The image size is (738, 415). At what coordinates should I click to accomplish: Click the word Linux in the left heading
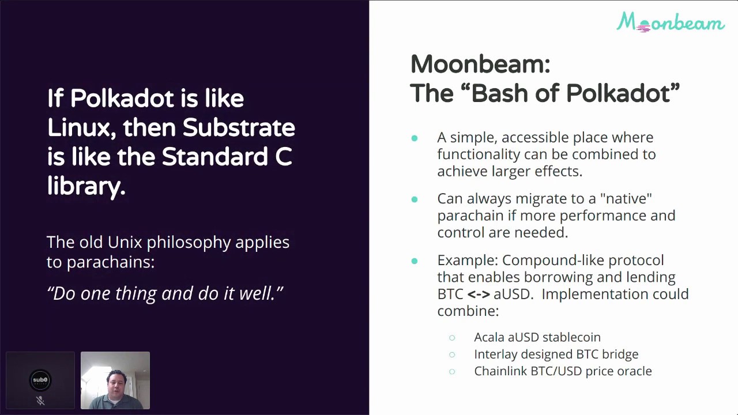tap(78, 127)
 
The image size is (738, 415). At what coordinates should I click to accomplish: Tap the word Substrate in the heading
tap(239, 127)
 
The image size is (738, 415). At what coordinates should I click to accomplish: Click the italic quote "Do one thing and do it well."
tap(165, 293)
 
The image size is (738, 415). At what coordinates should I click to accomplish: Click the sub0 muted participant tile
tap(40, 380)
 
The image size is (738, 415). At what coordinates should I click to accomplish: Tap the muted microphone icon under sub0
tap(40, 400)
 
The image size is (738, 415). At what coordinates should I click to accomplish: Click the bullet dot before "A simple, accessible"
tap(414, 138)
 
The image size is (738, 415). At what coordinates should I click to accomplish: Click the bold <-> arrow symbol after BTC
tap(479, 294)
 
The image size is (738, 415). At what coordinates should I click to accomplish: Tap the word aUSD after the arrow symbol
tap(511, 294)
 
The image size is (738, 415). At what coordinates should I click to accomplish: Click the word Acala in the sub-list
tap(489, 337)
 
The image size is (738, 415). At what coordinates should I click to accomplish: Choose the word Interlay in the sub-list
tap(496, 354)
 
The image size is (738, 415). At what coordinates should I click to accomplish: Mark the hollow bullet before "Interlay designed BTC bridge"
tap(452, 354)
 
